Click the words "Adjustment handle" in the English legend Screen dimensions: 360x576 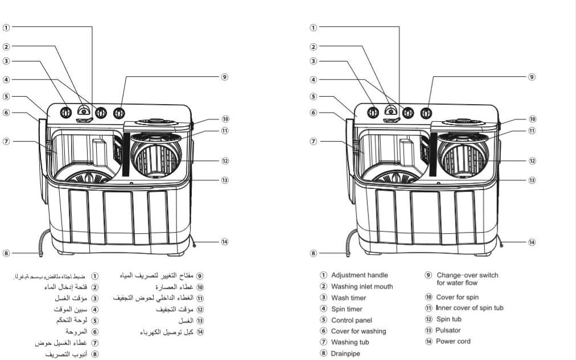tap(359, 275)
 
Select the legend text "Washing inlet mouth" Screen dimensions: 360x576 tap(362, 287)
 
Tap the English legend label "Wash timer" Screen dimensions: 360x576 tap(348, 298)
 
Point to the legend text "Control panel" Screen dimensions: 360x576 tap(351, 320)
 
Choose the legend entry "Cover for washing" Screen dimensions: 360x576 tap(358, 331)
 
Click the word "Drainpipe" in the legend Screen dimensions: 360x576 tap(345, 353)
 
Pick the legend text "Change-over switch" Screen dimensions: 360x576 tap(467, 275)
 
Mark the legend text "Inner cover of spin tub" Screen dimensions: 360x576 tap(470, 308)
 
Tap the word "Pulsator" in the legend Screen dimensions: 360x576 tap(449, 330)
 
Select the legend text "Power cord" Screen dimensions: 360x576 tap(453, 341)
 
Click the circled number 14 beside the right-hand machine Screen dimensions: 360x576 tap(532, 242)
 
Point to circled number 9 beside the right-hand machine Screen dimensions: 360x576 tap(532, 77)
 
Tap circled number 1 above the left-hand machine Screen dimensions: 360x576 tap(6, 27)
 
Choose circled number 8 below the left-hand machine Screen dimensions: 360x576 tap(6, 254)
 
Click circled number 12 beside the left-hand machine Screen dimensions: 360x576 tap(225, 161)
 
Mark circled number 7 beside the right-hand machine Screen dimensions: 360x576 tap(314, 142)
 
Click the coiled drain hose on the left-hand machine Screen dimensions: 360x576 tap(42, 242)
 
